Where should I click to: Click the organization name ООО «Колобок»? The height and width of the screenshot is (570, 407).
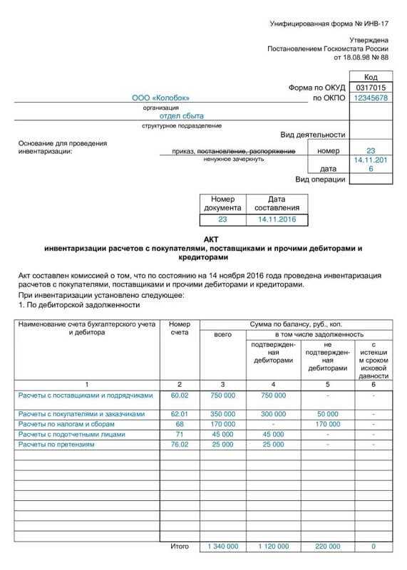tap(159, 98)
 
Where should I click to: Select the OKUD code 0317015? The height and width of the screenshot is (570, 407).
tap(371, 88)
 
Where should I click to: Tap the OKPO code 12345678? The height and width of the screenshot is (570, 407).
tap(371, 98)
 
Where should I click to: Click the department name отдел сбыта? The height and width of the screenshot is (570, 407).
tap(181, 115)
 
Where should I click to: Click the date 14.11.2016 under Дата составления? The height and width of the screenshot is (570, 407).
tap(277, 220)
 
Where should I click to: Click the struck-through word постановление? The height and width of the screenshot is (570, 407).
tap(220, 151)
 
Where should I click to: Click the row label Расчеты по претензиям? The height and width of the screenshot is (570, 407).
tap(56, 444)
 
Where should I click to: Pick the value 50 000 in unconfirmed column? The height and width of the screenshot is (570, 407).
tap(328, 413)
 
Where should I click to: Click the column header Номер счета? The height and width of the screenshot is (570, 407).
tap(180, 328)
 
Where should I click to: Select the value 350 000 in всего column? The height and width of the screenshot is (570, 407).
tap(223, 413)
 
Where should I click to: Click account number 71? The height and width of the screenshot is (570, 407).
tap(180, 434)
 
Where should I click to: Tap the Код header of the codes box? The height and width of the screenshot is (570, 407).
tap(371, 76)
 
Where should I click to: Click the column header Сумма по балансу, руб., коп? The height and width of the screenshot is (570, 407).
tap(296, 324)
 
